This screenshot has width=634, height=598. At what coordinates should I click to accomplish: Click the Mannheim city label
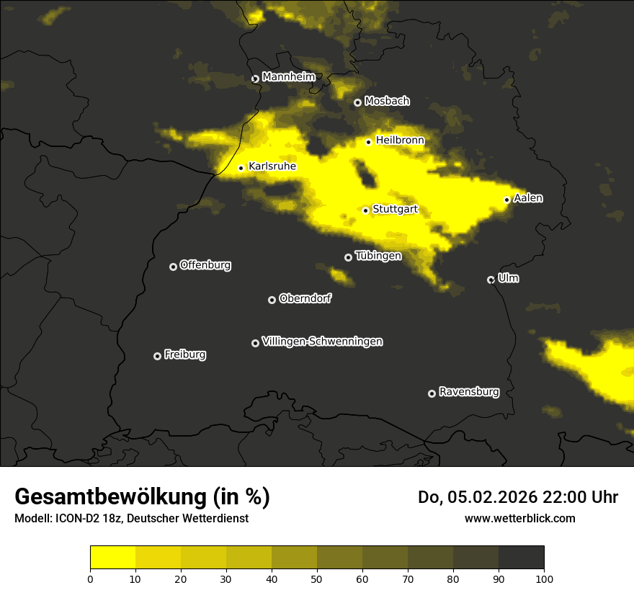(288, 77)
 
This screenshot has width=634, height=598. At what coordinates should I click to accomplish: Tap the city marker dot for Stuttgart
(365, 210)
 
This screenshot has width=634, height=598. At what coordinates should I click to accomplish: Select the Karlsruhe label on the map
(272, 166)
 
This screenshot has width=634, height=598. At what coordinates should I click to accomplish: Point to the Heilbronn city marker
(368, 142)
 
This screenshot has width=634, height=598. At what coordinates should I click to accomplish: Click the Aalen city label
(528, 198)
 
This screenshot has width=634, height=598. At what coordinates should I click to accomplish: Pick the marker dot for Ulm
(491, 280)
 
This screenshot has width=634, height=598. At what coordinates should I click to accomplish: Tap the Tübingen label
(378, 256)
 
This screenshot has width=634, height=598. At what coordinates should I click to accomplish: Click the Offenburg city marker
(173, 267)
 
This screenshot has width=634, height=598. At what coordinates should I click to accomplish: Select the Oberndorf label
(305, 298)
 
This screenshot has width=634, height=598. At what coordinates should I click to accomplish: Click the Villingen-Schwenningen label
(322, 342)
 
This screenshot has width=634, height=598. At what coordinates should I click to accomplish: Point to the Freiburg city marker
(157, 356)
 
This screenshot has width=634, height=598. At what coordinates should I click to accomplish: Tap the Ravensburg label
(468, 392)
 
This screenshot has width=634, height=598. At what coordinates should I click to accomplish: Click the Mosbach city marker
(357, 102)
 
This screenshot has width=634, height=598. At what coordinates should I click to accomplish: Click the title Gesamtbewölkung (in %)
(142, 497)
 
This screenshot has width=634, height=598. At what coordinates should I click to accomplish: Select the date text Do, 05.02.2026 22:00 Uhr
(517, 497)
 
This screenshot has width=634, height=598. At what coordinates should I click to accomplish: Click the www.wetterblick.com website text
(519, 518)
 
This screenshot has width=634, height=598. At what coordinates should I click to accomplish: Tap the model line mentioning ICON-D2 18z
(131, 518)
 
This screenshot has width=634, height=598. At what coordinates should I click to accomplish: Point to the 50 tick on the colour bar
(317, 578)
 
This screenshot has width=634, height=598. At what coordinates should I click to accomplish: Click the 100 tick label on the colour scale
(544, 578)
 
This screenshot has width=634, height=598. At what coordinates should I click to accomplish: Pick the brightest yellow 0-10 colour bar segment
(112, 558)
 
